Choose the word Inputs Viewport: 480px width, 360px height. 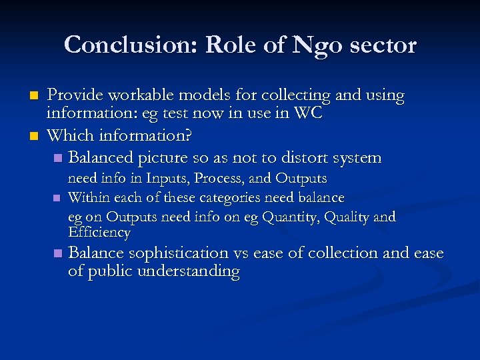(168, 179)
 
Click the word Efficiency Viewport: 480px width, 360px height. (99, 233)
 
